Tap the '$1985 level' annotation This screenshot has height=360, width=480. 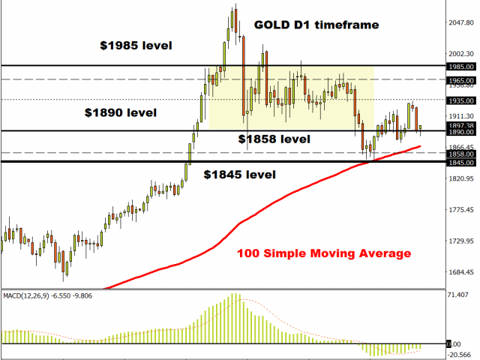click(136, 45)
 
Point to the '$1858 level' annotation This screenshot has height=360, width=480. click(274, 139)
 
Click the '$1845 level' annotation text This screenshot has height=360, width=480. click(239, 174)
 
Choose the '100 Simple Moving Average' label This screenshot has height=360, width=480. click(323, 253)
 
